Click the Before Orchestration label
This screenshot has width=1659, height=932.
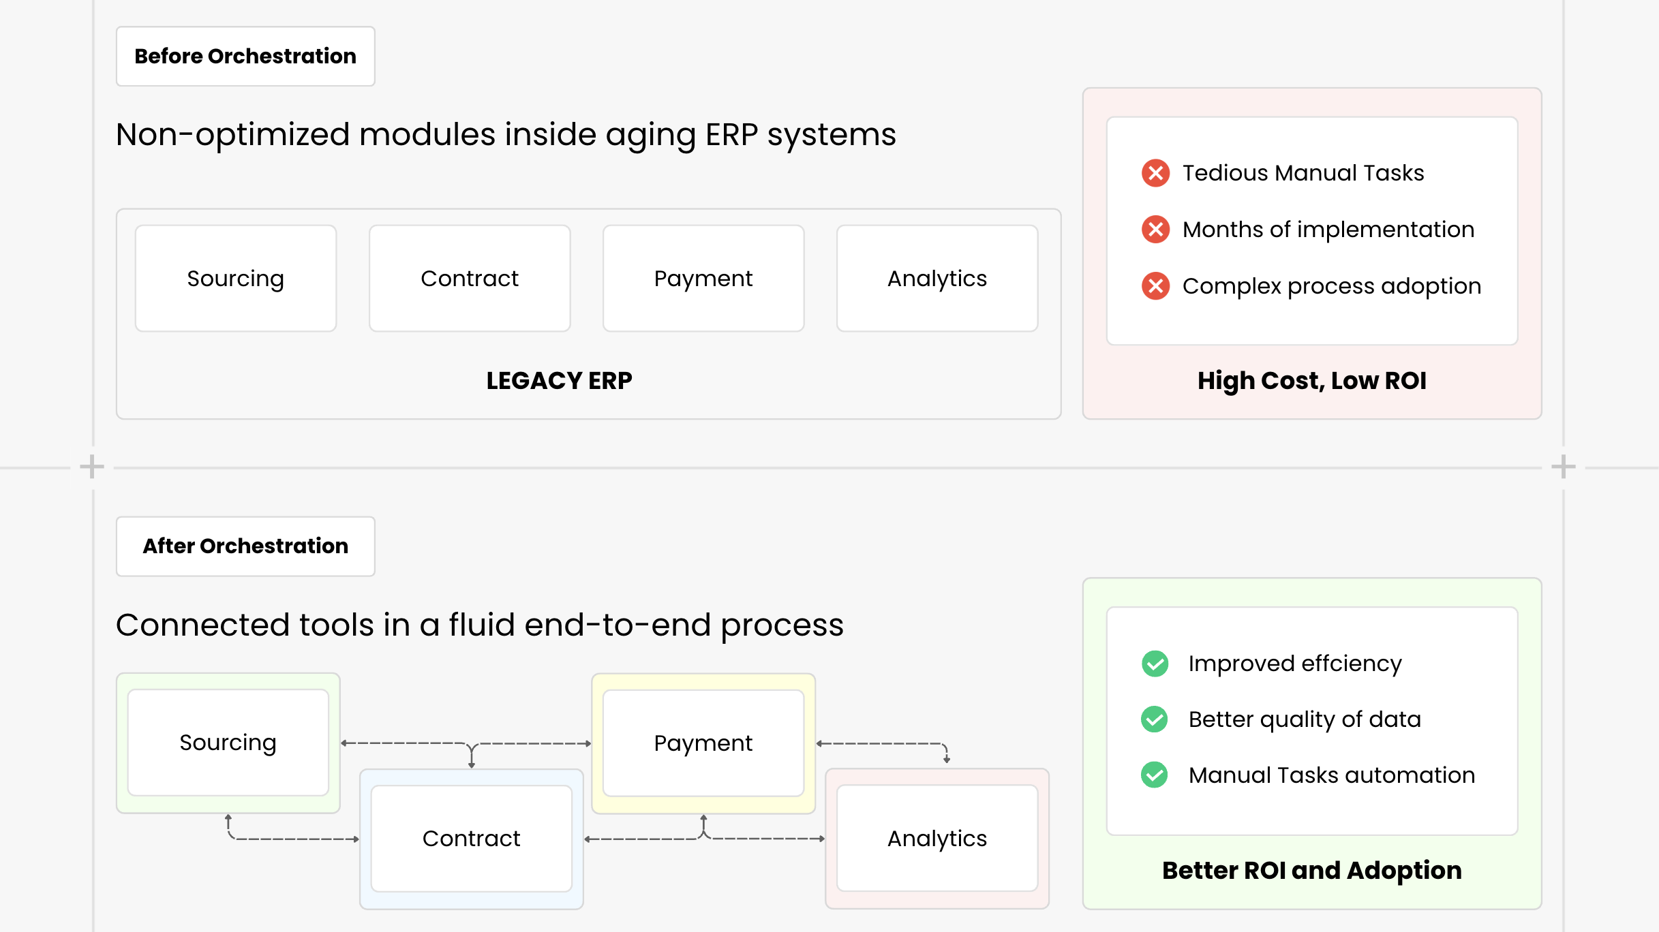point(245,57)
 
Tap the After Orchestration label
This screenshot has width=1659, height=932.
point(245,546)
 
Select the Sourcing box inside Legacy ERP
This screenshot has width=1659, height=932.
point(236,279)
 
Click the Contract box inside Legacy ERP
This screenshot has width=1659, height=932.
point(470,279)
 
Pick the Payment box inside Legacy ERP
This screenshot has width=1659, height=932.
point(703,279)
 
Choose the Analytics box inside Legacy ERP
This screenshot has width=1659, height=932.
point(937,279)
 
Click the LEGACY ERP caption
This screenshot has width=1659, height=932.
point(559,381)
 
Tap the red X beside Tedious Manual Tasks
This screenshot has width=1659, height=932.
point(1156,173)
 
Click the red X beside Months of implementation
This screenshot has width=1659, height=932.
point(1156,230)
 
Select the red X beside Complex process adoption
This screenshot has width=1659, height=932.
point(1156,286)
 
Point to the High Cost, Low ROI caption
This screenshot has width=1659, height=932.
point(1312,381)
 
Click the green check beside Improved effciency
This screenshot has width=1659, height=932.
point(1155,664)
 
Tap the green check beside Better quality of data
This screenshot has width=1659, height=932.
point(1155,719)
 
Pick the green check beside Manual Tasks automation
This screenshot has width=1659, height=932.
point(1155,775)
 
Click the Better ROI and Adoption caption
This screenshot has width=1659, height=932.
point(1312,871)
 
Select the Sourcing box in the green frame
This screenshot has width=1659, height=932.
point(228,743)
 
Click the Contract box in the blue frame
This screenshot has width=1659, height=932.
point(472,839)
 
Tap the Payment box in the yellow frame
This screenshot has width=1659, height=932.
point(703,743)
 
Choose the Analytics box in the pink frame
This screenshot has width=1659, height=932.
point(937,839)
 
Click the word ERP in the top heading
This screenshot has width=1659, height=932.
point(731,135)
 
